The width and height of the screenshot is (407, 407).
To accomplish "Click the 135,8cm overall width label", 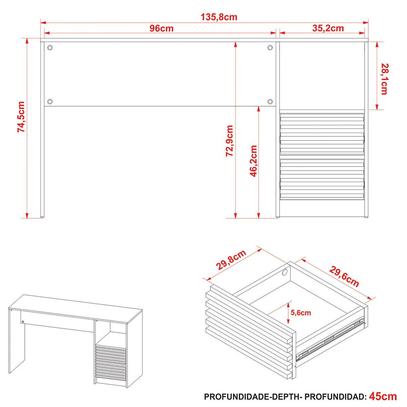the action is (219, 17).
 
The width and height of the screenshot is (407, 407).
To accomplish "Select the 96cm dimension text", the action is (161, 28).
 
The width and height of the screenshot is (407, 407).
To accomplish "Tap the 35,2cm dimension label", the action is (328, 28).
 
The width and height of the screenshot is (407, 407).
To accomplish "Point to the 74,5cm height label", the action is (21, 117).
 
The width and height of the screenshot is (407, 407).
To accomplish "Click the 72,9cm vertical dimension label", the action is (229, 141).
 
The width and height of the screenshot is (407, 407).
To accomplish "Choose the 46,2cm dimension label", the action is (253, 161).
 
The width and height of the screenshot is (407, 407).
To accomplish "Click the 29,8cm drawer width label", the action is (231, 260).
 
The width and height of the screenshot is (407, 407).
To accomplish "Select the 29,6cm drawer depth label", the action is (344, 276).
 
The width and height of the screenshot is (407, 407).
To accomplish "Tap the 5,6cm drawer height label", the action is (301, 318).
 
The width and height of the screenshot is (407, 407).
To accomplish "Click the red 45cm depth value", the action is (383, 396).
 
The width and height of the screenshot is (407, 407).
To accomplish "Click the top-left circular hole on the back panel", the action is (50, 47).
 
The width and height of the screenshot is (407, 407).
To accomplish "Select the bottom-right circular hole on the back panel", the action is (270, 102).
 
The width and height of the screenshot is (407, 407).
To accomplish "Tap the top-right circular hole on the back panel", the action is (270, 47).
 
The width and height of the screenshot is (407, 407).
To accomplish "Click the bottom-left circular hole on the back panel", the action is (50, 102).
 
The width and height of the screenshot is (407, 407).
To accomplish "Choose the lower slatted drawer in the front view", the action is (322, 179).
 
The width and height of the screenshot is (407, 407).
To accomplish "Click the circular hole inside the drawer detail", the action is (285, 272).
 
